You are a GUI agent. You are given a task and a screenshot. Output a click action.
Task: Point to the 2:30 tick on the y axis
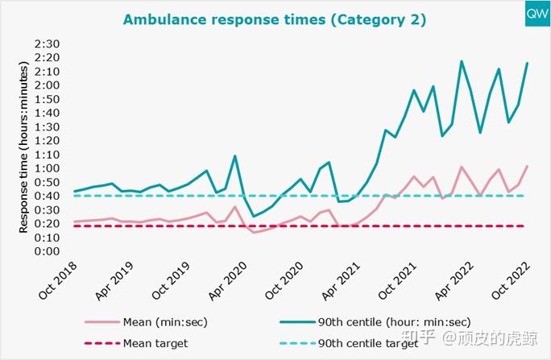tap(49, 43)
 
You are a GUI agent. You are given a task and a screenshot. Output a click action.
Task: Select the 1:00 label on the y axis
tap(49, 168)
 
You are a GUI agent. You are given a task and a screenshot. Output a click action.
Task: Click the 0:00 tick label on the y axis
tap(49, 250)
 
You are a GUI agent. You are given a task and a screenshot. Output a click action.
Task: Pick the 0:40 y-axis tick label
tap(49, 196)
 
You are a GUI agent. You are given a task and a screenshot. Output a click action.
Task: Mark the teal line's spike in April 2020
tap(234, 156)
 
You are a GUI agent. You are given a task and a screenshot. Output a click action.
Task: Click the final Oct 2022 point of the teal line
tap(528, 63)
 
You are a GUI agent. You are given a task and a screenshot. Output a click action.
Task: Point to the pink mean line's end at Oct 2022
tap(528, 166)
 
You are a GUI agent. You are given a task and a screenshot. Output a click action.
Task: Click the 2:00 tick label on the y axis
tap(49, 85)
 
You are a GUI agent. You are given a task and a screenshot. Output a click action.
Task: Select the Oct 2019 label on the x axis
tap(173, 281)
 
